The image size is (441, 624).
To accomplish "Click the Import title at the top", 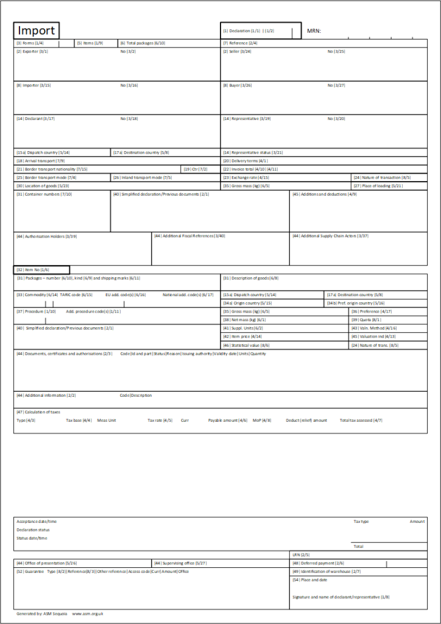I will point(36,30).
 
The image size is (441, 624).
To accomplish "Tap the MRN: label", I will point(314,30).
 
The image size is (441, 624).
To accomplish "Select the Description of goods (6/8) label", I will point(250,278).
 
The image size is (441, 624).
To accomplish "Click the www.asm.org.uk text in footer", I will point(88,614).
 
